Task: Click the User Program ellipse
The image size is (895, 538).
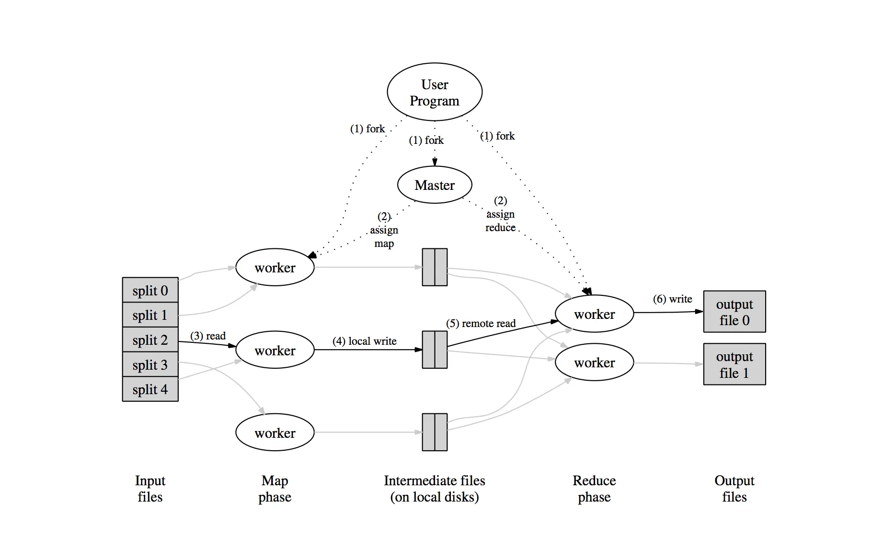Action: click(x=434, y=92)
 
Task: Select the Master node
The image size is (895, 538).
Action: click(x=434, y=185)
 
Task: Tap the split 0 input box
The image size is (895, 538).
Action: click(x=150, y=290)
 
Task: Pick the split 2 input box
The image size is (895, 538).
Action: click(x=150, y=340)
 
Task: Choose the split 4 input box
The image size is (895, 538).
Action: click(x=150, y=389)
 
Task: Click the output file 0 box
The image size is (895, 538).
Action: click(x=734, y=312)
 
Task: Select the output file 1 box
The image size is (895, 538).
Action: click(x=734, y=364)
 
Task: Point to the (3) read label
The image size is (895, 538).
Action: click(x=208, y=336)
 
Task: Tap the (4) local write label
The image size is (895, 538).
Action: click(x=365, y=341)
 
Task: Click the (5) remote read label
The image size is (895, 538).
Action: click(x=481, y=323)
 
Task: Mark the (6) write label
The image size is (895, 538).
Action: click(x=672, y=299)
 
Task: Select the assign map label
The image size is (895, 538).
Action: click(x=384, y=230)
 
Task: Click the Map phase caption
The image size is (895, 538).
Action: click(x=275, y=489)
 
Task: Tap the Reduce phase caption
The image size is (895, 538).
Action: click(x=594, y=489)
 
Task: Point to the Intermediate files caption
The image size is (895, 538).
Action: click(x=434, y=489)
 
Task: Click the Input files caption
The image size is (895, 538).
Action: click(x=150, y=489)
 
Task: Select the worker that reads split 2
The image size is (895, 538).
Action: click(x=275, y=350)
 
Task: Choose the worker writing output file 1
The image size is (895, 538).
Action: click(x=594, y=363)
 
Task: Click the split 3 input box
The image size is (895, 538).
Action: click(x=150, y=365)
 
